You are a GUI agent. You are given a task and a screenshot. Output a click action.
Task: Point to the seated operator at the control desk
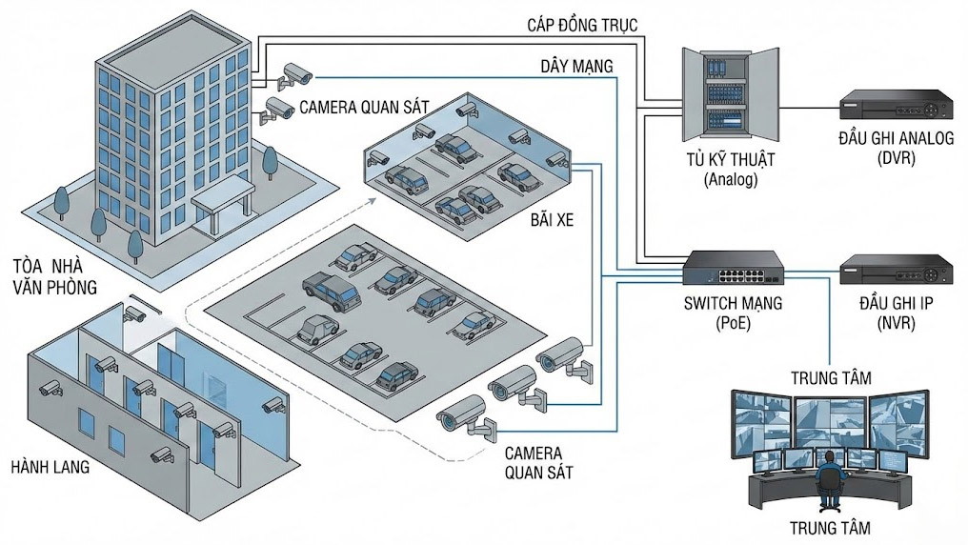pyautogui.click(x=830, y=479)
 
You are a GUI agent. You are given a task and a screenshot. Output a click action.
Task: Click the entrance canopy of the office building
pyautogui.click(x=223, y=201)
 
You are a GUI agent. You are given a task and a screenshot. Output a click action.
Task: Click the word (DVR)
pyautogui.click(x=895, y=158)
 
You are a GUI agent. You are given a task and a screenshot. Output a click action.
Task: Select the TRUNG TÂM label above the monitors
pyautogui.click(x=831, y=378)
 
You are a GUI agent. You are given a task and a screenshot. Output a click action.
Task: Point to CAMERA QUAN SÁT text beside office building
pyautogui.click(x=367, y=108)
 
